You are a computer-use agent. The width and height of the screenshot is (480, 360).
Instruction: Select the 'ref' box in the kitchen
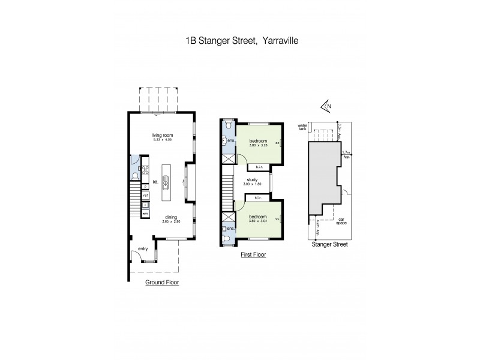(x=145, y=196)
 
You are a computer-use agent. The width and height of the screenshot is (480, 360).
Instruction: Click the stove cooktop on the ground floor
(x=145, y=169)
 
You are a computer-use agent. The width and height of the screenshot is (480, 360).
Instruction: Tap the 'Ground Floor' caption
(x=162, y=281)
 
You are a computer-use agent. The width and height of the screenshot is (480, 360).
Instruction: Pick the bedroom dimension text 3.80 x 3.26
(x=258, y=145)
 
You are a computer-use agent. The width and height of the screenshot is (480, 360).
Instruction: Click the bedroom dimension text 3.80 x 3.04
(x=258, y=220)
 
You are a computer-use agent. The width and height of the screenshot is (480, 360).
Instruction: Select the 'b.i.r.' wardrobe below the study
(x=258, y=198)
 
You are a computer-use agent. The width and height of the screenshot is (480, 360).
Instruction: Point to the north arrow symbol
(x=325, y=106)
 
